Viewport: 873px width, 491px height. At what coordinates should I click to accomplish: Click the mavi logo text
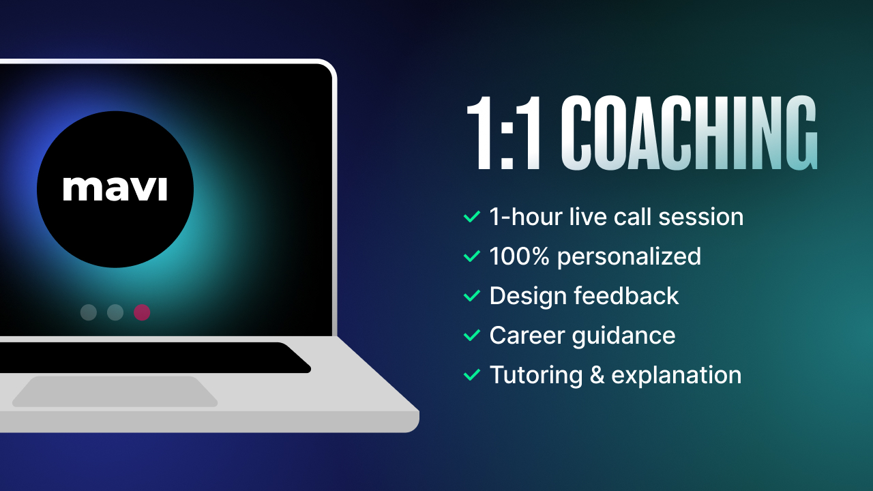pyautogui.click(x=115, y=189)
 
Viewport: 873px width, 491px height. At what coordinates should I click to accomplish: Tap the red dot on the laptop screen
pyautogui.click(x=142, y=312)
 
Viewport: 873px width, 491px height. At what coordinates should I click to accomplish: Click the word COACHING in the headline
pyautogui.click(x=689, y=133)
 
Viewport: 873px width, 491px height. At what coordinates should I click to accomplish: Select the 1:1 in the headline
pyautogui.click(x=504, y=133)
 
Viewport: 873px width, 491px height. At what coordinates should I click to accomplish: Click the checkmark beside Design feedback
pyautogui.click(x=472, y=296)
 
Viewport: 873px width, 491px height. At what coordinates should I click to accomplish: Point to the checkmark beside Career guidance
pyautogui.click(x=472, y=335)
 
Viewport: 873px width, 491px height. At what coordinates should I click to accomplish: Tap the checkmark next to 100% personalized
pyautogui.click(x=472, y=256)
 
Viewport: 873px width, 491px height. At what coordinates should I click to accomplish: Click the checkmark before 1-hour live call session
pyautogui.click(x=472, y=216)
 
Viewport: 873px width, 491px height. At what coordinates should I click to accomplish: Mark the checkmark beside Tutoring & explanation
pyautogui.click(x=472, y=375)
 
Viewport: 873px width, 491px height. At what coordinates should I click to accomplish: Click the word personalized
pyautogui.click(x=629, y=257)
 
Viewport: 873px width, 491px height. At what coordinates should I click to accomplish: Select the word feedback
pyautogui.click(x=626, y=295)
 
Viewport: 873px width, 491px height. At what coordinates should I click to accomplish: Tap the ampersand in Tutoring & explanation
pyautogui.click(x=597, y=375)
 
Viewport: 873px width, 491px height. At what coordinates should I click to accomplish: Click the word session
pyautogui.click(x=700, y=217)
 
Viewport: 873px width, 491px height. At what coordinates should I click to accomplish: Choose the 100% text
pyautogui.click(x=519, y=256)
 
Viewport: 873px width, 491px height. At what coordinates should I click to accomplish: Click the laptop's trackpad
pyautogui.click(x=115, y=391)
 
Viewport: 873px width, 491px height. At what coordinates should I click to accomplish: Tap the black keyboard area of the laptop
pyautogui.click(x=152, y=358)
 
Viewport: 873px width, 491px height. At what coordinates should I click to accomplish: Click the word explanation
pyautogui.click(x=676, y=376)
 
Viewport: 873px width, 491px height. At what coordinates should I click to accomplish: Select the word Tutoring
pyautogui.click(x=536, y=376)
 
